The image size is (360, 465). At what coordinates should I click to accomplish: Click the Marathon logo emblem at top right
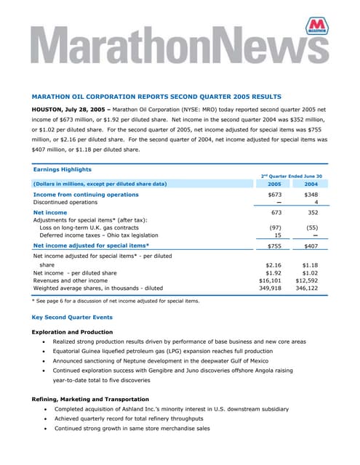pos(316,28)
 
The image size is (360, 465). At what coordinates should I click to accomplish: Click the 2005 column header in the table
pos(274,184)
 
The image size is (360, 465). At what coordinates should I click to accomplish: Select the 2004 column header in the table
pos(311,184)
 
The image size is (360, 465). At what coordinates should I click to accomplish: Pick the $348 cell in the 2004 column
pos(311,195)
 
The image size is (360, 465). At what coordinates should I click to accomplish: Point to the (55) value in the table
pos(311,227)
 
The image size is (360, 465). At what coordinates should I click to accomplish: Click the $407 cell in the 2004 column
pos(311,246)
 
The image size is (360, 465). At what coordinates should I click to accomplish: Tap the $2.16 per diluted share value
pos(273,265)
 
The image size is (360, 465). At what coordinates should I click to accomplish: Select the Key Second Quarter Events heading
pos(71,318)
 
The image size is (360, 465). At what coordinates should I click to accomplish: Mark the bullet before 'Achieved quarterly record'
pos(46,418)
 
